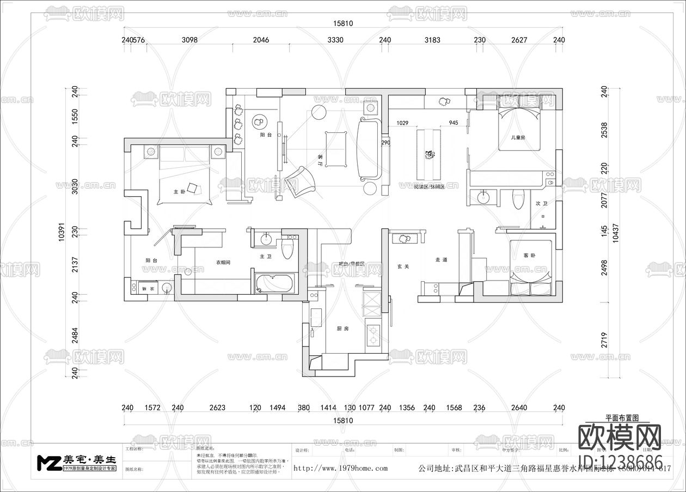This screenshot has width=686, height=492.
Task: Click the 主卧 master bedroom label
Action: pyautogui.click(x=179, y=192)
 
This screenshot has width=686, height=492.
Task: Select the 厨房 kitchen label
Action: pyautogui.click(x=342, y=329)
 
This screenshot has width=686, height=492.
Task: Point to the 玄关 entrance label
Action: pyautogui.click(x=403, y=266)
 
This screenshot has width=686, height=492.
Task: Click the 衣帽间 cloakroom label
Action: pyautogui.click(x=223, y=262)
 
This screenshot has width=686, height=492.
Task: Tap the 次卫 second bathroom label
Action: pyautogui.click(x=541, y=203)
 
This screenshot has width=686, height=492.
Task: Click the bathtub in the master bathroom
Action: pyautogui.click(x=274, y=284)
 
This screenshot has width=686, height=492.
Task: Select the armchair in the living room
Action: pyautogui.click(x=301, y=181)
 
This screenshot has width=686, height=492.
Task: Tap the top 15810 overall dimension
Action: pyautogui.click(x=343, y=23)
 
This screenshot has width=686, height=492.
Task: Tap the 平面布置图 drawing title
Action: pyautogui.click(x=621, y=418)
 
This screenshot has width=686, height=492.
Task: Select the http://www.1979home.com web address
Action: pyautogui.click(x=340, y=468)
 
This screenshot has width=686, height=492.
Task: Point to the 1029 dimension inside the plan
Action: pyautogui.click(x=403, y=123)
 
